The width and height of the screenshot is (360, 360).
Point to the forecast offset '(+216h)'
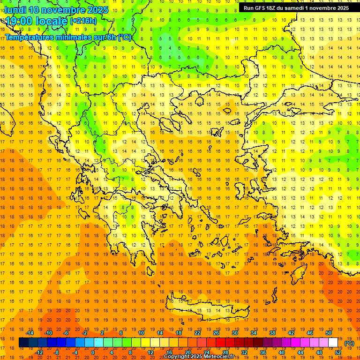[83, 21]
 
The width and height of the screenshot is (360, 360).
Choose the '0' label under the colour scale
[92, 352]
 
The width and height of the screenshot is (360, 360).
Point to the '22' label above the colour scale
[197, 333]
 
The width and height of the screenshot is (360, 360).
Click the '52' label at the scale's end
[337, 352]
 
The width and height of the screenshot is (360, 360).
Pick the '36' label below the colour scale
[262, 352]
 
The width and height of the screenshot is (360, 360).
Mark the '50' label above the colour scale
[329, 333]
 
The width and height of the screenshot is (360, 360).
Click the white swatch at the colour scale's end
[333, 343]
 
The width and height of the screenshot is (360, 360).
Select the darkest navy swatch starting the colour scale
[23, 343]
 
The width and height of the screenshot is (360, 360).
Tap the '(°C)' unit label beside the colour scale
[349, 343]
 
